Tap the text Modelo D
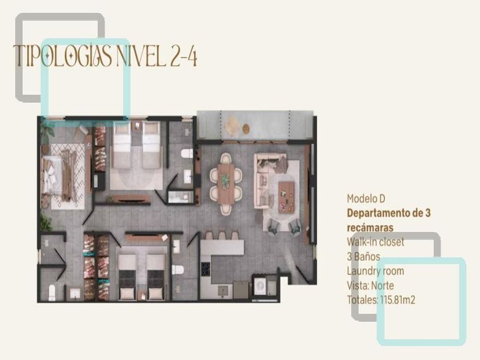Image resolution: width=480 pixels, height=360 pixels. tap(366, 199)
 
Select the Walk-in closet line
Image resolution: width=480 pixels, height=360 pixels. tap(375, 242)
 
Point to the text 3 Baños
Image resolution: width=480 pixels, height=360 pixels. tap(363, 257)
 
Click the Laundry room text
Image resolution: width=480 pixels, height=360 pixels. tap(375, 271)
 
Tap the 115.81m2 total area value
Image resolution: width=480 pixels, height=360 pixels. tap(398, 300)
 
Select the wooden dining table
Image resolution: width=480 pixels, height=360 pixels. tap(226, 184)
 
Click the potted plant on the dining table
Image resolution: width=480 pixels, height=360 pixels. tap(226, 181)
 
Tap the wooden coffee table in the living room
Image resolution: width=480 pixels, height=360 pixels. tap(286, 197)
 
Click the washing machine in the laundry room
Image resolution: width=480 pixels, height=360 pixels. tap(260, 286)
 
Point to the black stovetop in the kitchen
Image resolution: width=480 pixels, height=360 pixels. tap(205, 269)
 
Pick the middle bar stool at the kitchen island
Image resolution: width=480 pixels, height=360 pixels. tap(222, 235)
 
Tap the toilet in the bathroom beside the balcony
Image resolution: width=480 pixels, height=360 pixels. tap(186, 153)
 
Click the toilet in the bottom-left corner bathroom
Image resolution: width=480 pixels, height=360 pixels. tap(52, 293)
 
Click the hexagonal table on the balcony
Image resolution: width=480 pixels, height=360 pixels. tap(232, 125)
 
